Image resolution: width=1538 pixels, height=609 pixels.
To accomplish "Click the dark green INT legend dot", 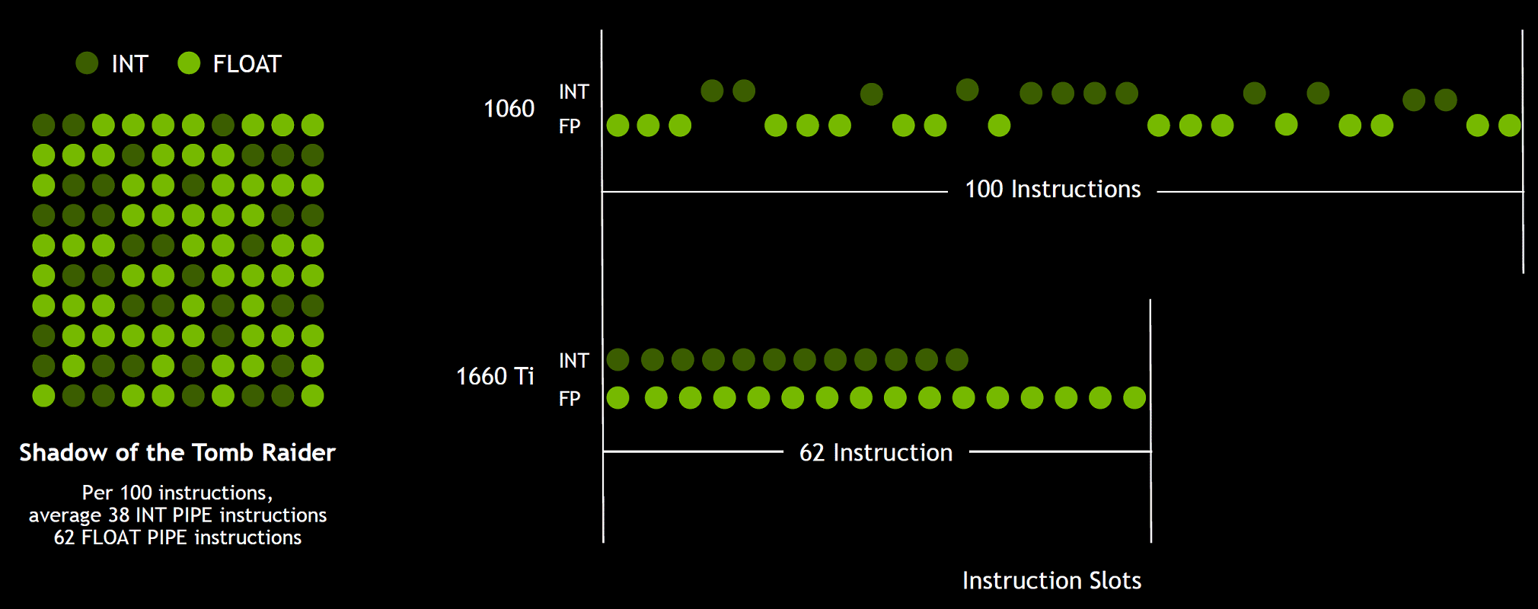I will [87, 63].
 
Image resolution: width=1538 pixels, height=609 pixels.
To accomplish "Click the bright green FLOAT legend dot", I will [189, 63].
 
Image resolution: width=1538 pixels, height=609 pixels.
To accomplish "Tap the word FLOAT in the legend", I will [247, 64].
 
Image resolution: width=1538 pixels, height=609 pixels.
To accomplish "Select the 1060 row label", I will [509, 109].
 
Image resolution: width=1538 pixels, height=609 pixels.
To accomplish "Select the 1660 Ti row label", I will [495, 376].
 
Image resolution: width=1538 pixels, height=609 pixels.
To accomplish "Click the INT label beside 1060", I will [573, 92].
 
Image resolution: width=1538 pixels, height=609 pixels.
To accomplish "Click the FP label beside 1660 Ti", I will [570, 398].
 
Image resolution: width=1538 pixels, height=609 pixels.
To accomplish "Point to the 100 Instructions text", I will [1052, 189].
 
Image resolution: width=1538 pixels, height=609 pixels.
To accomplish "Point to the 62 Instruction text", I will [876, 452].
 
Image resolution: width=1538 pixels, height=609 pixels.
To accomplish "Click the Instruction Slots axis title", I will [1051, 580].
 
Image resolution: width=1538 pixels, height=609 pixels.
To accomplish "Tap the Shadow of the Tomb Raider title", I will [177, 452].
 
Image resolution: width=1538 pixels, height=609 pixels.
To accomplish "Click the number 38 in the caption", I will [119, 515].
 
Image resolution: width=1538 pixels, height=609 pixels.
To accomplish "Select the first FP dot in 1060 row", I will [617, 126].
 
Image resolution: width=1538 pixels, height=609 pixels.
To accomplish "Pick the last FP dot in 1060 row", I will [1509, 126].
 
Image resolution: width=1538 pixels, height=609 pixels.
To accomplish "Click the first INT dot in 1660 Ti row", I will [617, 359].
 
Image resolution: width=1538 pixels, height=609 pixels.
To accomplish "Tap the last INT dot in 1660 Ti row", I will [957, 359].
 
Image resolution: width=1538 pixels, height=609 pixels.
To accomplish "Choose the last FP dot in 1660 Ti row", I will [1134, 397].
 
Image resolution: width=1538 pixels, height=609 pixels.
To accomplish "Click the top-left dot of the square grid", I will [43, 125].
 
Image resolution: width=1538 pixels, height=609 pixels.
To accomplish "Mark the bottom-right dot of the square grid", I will [312, 396].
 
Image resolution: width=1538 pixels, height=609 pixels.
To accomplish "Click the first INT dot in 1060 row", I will [712, 91].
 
